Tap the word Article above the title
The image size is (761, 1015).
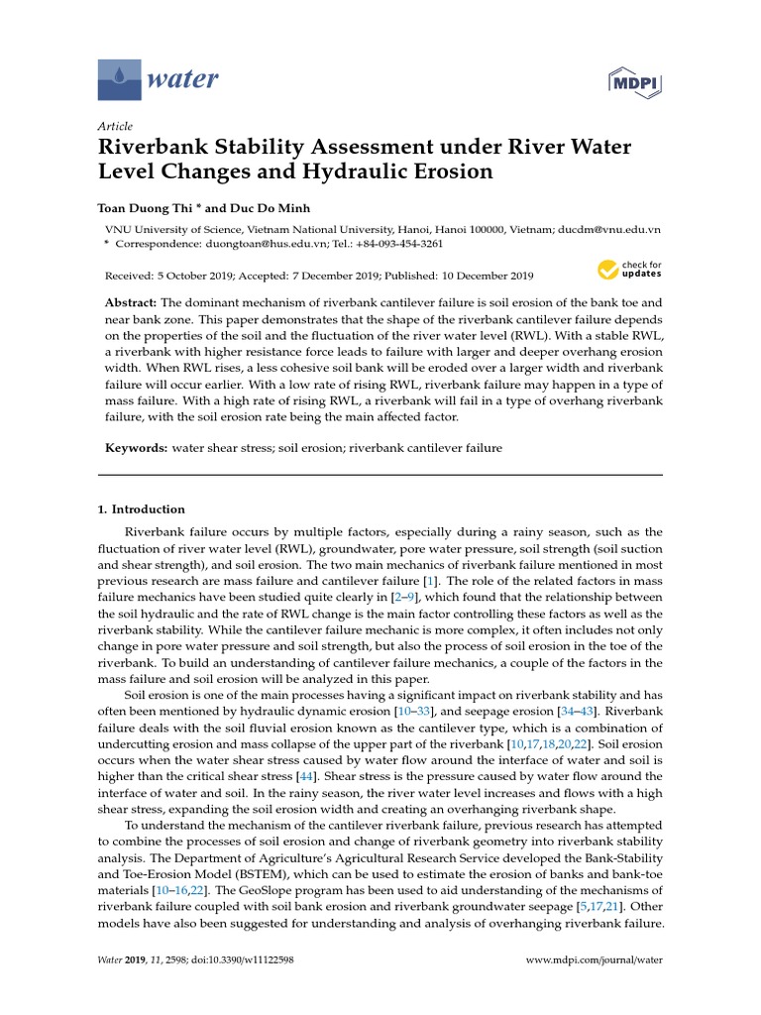click(115, 127)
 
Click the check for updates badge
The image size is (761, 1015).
click(628, 270)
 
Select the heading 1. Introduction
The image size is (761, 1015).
click(141, 509)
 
